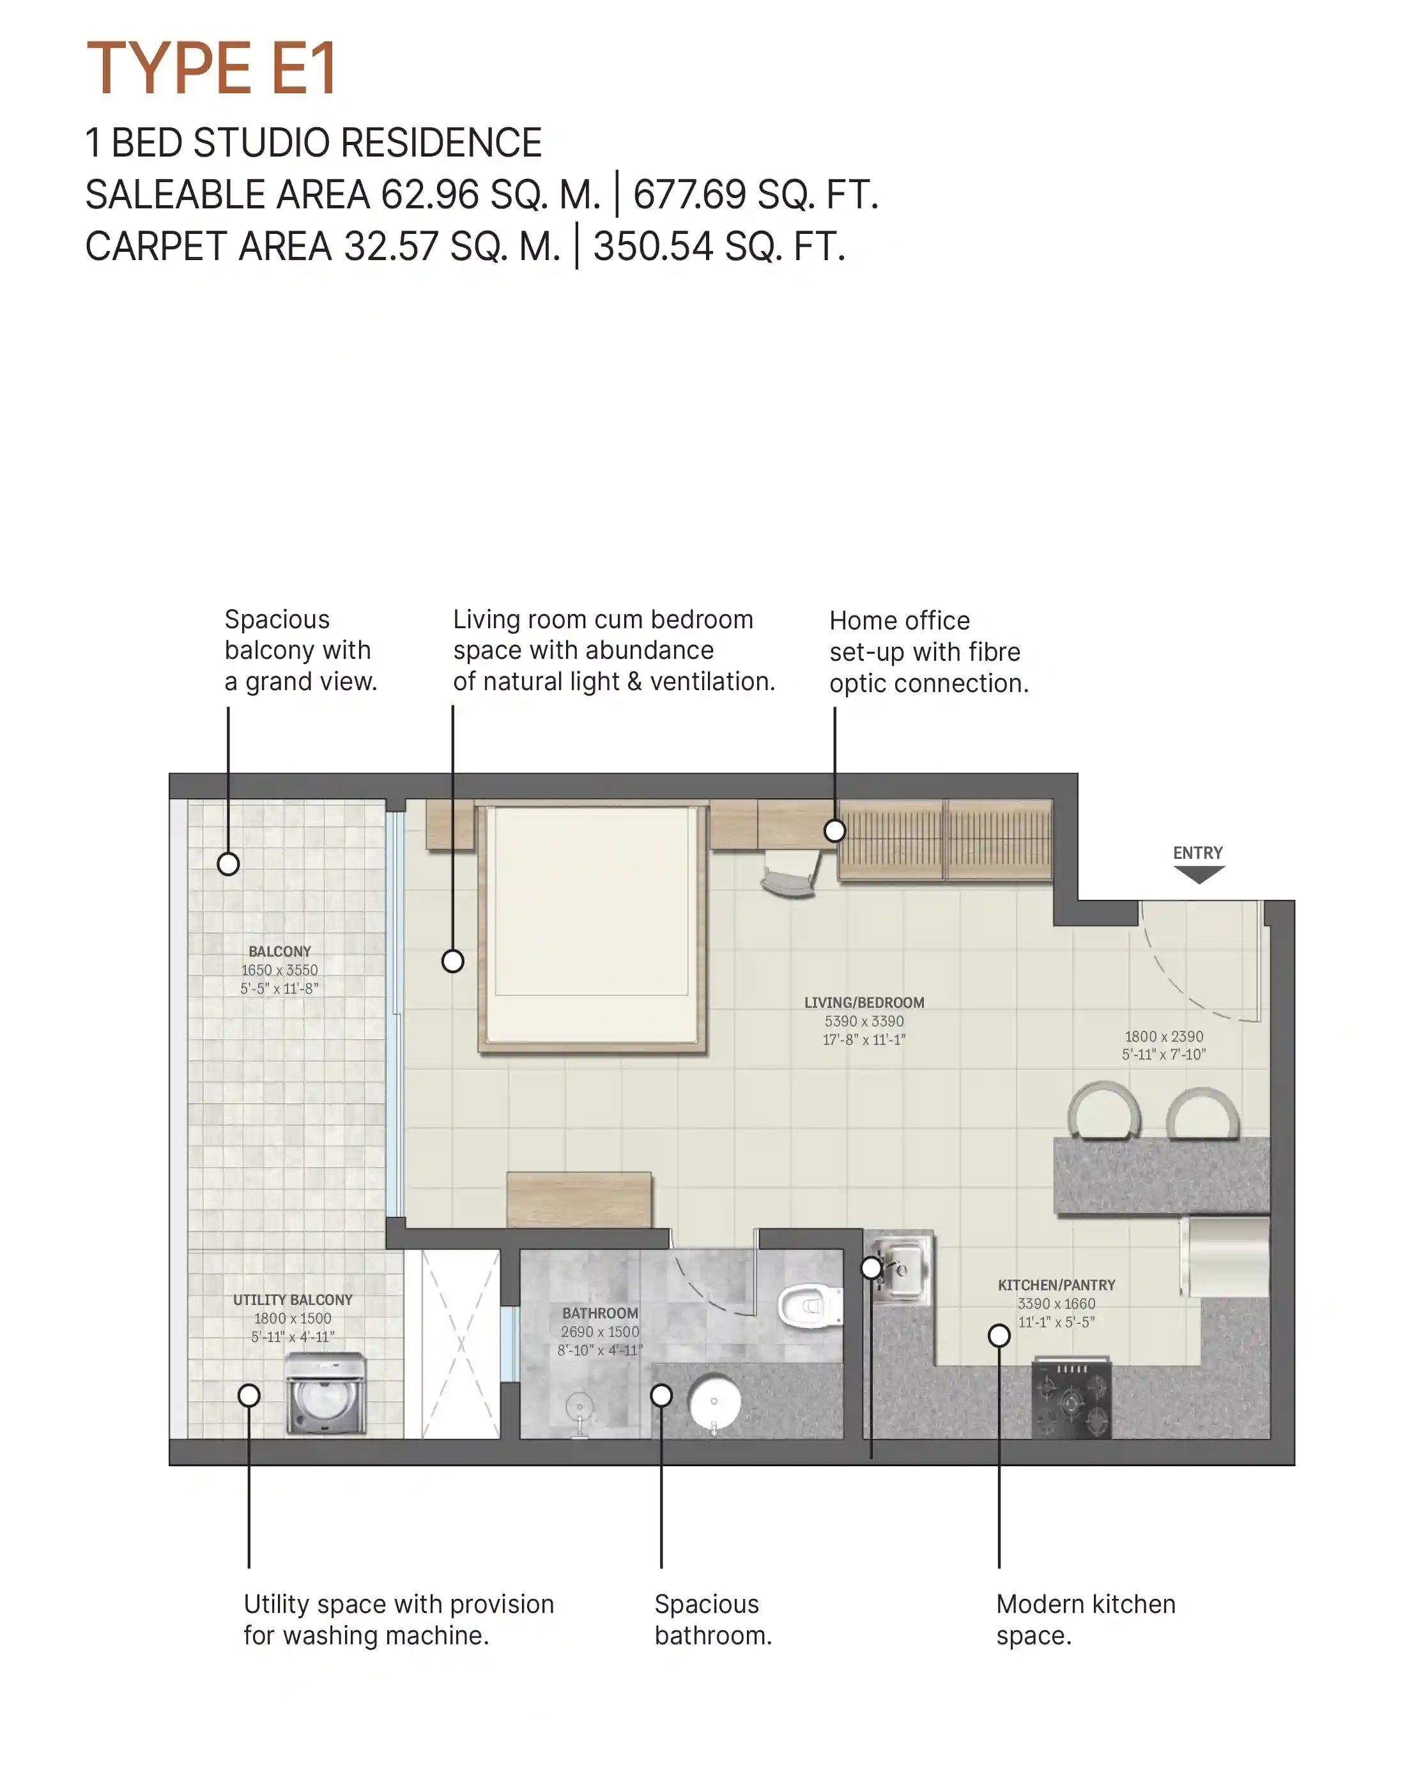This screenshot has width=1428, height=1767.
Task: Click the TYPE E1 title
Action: (211, 68)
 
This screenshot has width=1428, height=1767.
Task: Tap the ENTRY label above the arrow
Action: (1198, 853)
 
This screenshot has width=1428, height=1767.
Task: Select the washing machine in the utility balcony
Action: (326, 1394)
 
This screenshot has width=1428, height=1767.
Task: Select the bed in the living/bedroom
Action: (592, 927)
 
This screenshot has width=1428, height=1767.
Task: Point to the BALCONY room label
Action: (280, 952)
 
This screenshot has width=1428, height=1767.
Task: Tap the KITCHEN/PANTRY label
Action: (1056, 1285)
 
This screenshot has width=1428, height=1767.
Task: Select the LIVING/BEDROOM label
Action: (864, 1003)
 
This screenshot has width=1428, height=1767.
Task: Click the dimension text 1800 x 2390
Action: (1164, 1037)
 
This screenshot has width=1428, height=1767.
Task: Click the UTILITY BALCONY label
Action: (292, 1300)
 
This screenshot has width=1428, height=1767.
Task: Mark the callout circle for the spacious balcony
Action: (228, 865)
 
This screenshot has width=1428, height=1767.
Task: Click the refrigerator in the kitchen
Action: (1225, 1257)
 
